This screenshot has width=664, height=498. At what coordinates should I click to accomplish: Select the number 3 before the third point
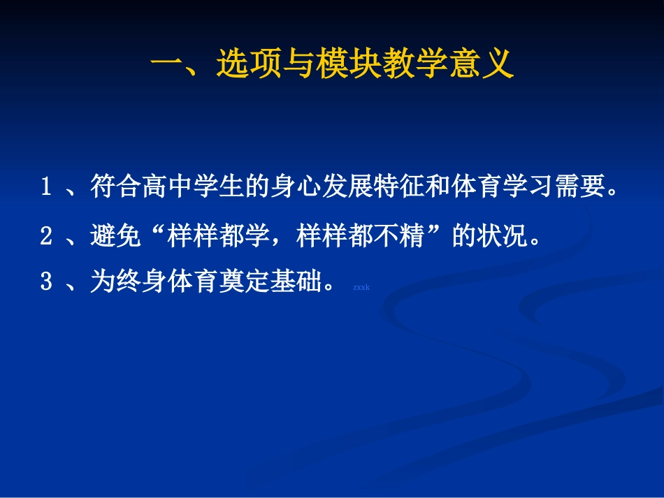pyautogui.click(x=46, y=283)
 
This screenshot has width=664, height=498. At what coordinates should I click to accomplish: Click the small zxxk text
pyautogui.click(x=361, y=287)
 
